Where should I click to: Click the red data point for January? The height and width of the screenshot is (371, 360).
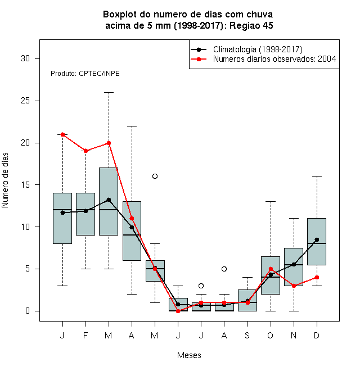click(x=62, y=135)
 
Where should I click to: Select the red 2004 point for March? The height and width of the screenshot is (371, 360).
click(x=109, y=143)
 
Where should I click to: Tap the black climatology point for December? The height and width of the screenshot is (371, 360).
click(x=317, y=239)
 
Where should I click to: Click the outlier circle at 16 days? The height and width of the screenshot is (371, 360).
click(x=155, y=177)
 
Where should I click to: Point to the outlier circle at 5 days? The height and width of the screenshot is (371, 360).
click(x=224, y=269)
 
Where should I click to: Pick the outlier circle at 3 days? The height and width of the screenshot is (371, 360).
click(x=201, y=286)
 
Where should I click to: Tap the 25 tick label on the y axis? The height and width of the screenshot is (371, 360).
click(x=25, y=101)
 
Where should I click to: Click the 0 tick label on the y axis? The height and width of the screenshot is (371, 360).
click(x=28, y=311)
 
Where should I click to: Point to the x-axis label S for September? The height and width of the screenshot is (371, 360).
click(x=247, y=335)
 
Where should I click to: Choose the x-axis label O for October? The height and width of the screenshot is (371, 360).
click(x=270, y=335)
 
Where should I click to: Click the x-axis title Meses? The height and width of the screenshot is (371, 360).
click(x=189, y=355)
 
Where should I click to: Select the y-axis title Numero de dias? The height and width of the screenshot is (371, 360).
click(x=5, y=180)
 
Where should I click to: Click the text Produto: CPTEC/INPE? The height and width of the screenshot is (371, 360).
click(x=85, y=74)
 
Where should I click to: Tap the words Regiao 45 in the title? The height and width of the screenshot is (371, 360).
click(x=251, y=25)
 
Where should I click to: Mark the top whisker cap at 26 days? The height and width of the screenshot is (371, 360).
click(x=109, y=93)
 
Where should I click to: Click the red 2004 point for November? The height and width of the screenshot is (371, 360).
click(x=294, y=286)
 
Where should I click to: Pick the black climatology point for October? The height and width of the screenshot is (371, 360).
click(x=271, y=275)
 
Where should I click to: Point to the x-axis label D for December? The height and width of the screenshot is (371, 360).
click(x=317, y=335)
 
